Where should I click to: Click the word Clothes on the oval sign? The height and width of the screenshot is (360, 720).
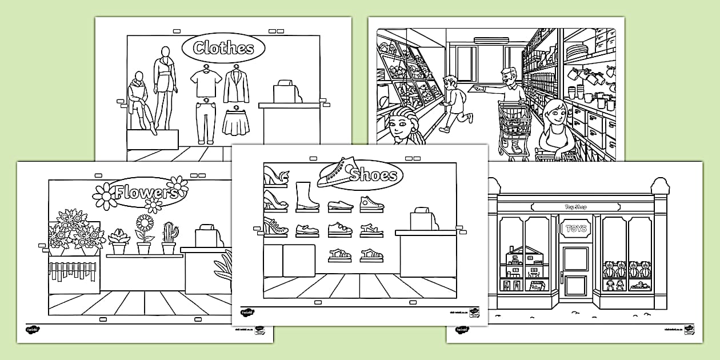223,48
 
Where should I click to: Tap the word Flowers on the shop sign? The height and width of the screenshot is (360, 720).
144,193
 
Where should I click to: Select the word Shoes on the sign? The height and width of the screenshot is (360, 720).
374,174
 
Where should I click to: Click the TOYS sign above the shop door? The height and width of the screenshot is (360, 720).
575,229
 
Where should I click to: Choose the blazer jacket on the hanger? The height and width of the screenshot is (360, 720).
236,86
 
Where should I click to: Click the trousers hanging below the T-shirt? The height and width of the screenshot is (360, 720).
205,122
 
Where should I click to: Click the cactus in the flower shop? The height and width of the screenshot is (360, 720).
169,237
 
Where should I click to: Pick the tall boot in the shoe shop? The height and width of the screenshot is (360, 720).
305,197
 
